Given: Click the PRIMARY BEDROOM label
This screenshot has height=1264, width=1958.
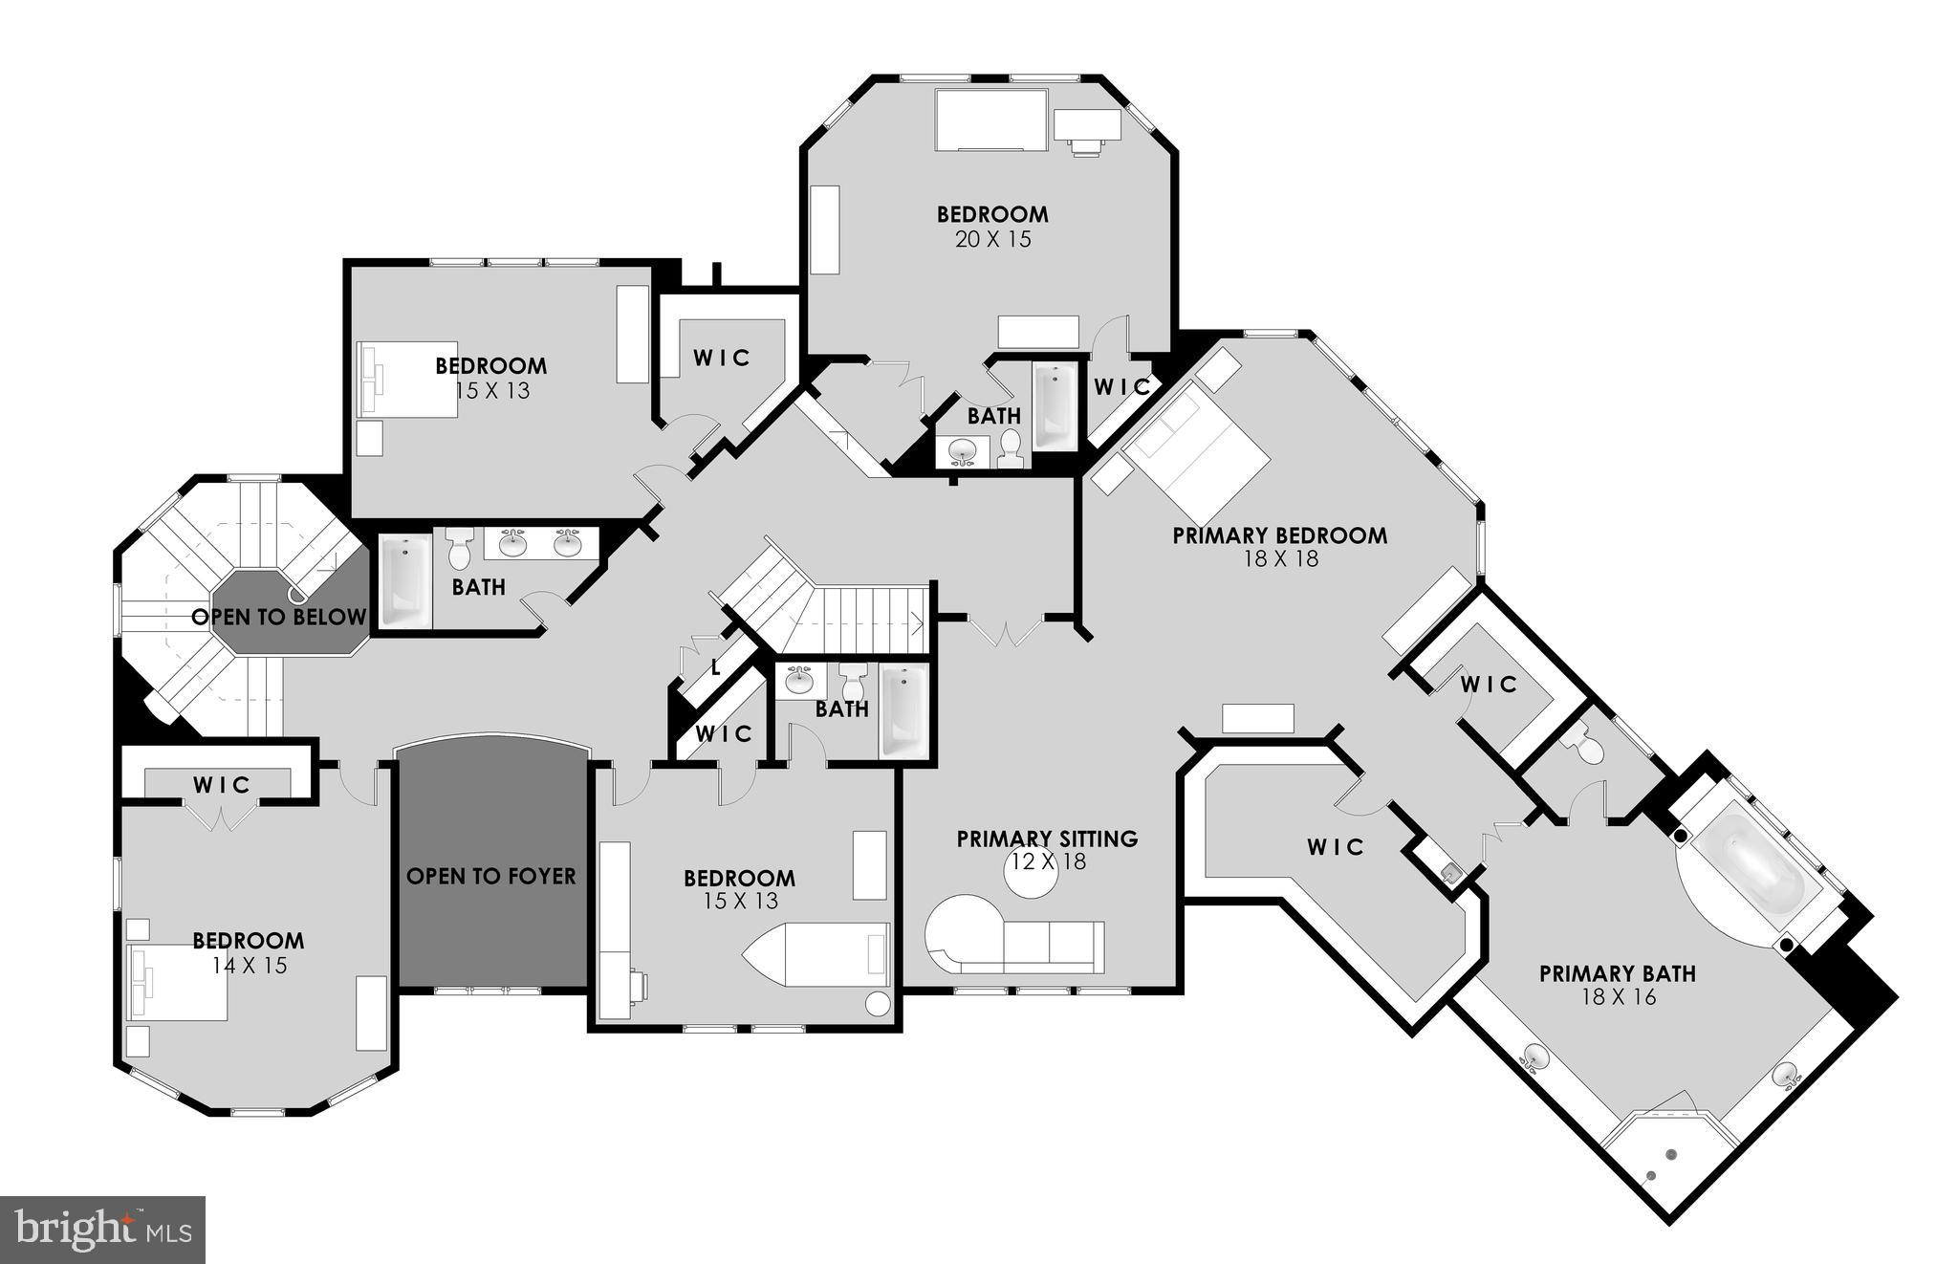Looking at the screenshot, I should [1279, 535].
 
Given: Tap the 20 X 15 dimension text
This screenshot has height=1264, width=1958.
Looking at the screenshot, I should [992, 239].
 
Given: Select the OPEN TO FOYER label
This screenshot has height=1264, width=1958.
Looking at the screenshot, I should [491, 876].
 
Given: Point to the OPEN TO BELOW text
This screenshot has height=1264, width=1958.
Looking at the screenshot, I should [278, 617].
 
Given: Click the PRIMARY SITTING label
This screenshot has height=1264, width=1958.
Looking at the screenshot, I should [1047, 839].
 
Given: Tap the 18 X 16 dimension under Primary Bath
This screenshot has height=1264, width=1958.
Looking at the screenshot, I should [1618, 997].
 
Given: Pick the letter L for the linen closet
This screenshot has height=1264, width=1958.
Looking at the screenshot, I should [715, 668].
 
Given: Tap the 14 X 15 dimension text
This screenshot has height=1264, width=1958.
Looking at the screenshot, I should [250, 965].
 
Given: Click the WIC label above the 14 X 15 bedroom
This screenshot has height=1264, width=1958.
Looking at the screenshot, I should [222, 785].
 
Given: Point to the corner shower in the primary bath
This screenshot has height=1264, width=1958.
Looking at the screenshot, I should [1664, 1161].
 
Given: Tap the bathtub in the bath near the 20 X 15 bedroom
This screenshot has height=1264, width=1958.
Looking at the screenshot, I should [1054, 406].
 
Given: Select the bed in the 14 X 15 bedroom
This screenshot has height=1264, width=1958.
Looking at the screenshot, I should [182, 985].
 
